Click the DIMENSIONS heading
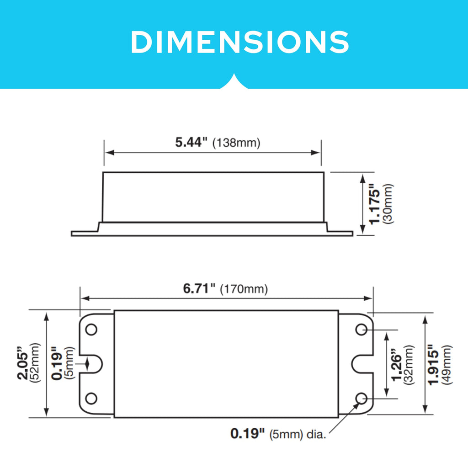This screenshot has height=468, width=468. (x=240, y=42)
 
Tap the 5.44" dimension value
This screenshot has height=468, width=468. (x=191, y=143)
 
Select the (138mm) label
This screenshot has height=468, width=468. (x=236, y=143)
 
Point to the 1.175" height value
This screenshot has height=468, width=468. (x=375, y=203)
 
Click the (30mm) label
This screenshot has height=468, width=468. (x=388, y=203)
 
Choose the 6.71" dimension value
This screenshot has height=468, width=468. (x=199, y=289)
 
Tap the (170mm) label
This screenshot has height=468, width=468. (x=244, y=289)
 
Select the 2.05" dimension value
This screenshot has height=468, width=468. (x=23, y=363)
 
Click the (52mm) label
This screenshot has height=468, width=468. (x=35, y=363)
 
